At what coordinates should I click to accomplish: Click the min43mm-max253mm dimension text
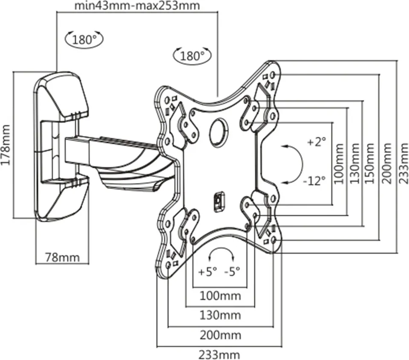pyautogui.click(x=136, y=6)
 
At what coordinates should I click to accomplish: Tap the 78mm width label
pyautogui.click(x=62, y=257)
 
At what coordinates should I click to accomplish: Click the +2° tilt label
pyautogui.click(x=316, y=142)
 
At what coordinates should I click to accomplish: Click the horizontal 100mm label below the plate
pyautogui.click(x=220, y=295)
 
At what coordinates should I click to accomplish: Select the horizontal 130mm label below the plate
pyautogui.click(x=220, y=315)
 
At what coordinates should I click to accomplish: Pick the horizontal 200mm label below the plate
pyautogui.click(x=220, y=335)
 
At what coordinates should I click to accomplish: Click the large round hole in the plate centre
pyautogui.click(x=219, y=133)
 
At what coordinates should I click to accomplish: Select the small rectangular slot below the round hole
pyautogui.click(x=219, y=200)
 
